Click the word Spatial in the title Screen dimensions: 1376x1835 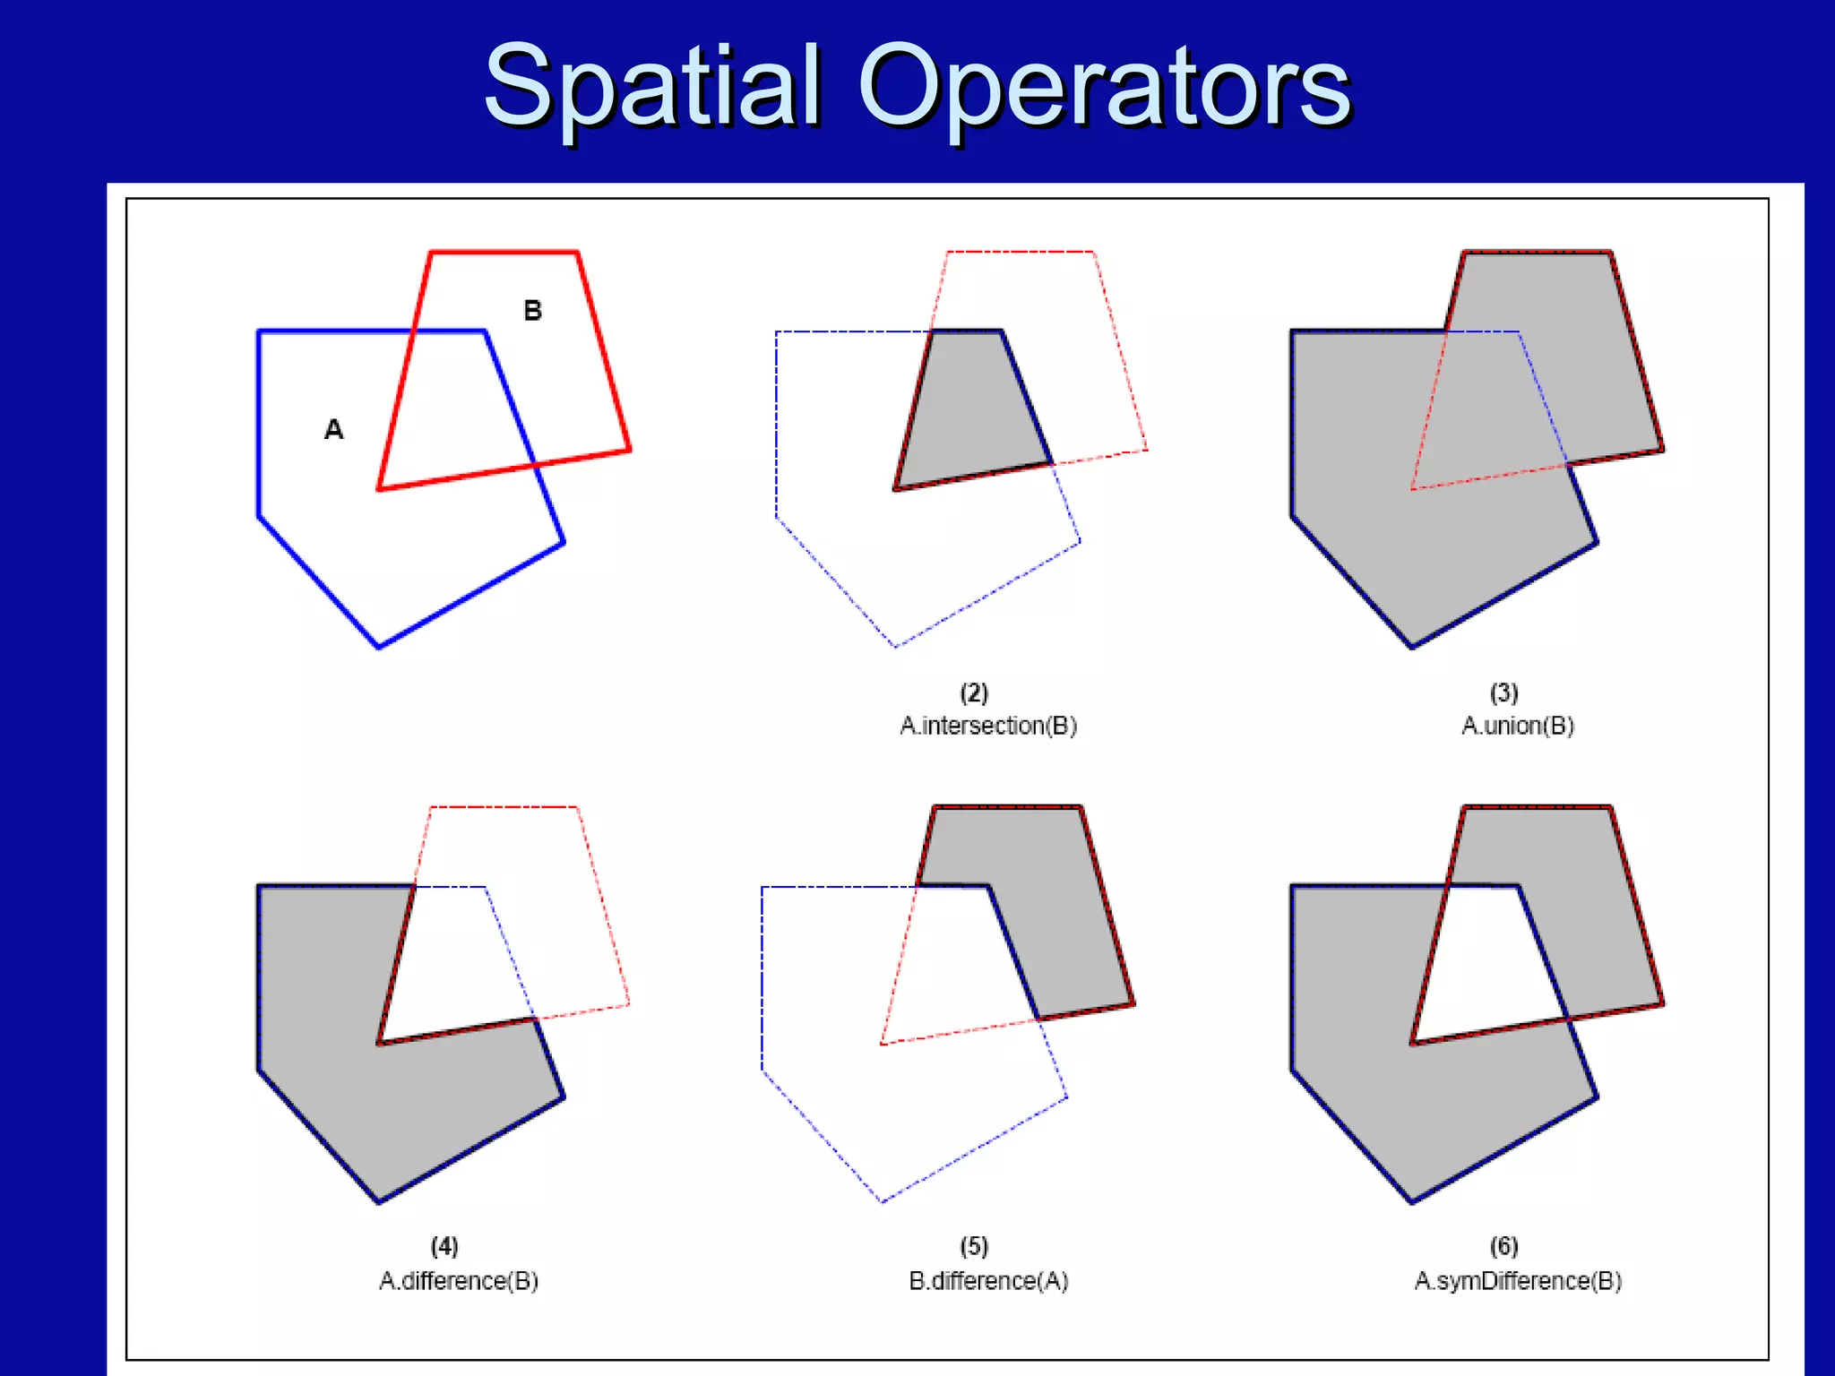pos(652,87)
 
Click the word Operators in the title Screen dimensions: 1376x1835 pos(1104,87)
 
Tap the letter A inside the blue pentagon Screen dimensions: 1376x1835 pos(333,430)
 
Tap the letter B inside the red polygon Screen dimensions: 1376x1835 pos(533,311)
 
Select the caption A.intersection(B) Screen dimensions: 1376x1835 pos(988,726)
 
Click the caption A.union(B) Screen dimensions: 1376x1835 pos(1518,726)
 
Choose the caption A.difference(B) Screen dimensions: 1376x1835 pos(459,1281)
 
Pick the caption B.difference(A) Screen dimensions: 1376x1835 pos(988,1281)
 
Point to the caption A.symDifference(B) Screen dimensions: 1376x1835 pos(1518,1281)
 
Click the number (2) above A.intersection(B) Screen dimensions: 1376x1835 pos(974,692)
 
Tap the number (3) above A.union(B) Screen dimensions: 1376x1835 pos(1503,692)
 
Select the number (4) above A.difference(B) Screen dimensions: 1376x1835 pos(444,1246)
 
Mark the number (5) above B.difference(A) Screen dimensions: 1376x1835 pos(974,1246)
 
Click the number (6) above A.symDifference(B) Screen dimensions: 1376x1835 pos(1503,1246)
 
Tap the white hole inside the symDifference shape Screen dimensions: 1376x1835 pos(1487,967)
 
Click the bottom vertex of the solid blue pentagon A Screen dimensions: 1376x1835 pos(379,647)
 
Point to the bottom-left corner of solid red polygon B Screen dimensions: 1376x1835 pos(379,489)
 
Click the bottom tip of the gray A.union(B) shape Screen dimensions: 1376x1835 pos(1412,646)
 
